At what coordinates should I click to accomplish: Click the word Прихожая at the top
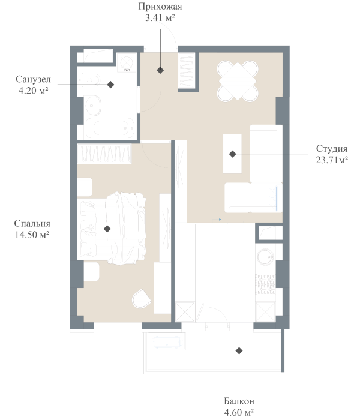click(160, 7)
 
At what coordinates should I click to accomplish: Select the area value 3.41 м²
click(160, 18)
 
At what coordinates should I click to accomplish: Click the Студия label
click(332, 148)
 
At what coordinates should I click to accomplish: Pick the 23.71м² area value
click(332, 160)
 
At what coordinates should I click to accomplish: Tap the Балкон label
click(239, 401)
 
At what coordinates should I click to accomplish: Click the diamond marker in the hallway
click(160, 70)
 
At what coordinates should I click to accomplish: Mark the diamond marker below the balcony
click(239, 350)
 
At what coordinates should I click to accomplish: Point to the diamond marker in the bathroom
click(111, 85)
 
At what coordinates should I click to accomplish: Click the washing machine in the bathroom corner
click(127, 64)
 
